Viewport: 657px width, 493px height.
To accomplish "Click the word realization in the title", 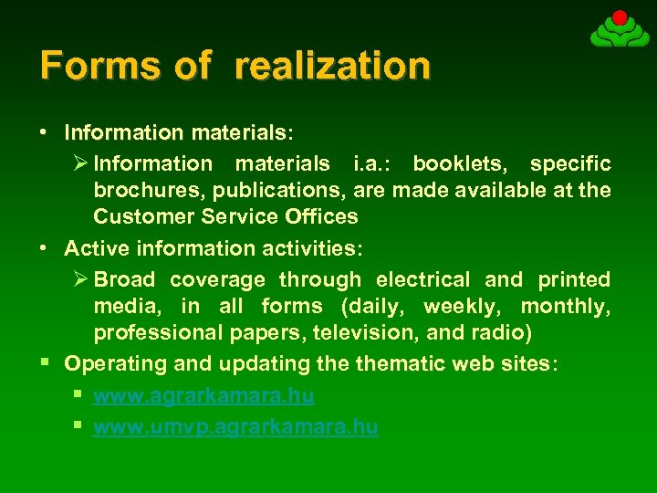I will (x=332, y=66).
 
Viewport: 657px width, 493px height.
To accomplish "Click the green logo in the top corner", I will (x=620, y=30).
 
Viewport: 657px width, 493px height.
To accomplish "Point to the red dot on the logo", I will (x=620, y=16).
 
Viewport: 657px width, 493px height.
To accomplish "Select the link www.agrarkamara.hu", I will (x=203, y=395).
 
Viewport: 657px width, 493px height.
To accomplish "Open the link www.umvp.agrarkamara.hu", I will (x=235, y=426).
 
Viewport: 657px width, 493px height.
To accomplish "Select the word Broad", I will (x=124, y=279).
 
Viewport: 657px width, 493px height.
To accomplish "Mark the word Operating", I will (x=115, y=363).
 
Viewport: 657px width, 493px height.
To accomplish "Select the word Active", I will (x=94, y=247).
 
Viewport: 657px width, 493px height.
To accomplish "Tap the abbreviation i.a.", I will (x=371, y=163).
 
